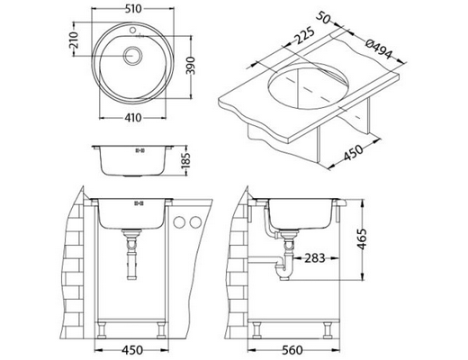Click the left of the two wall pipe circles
point(179,223)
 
